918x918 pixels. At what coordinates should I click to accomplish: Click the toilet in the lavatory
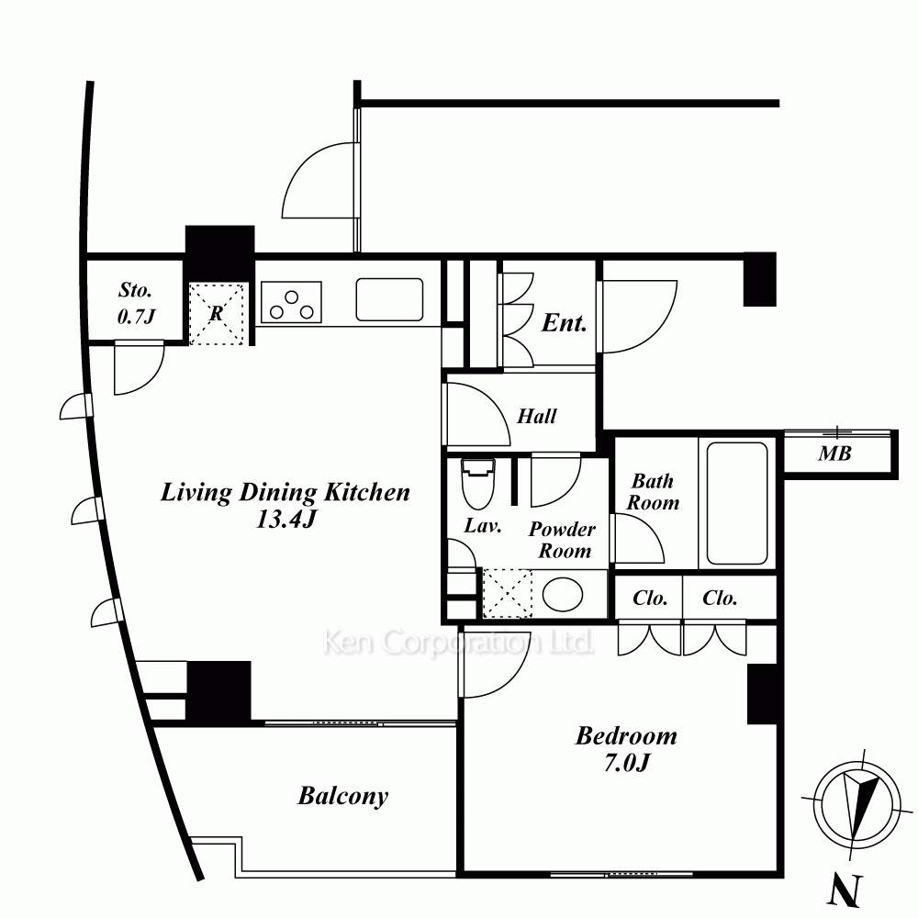[478, 484]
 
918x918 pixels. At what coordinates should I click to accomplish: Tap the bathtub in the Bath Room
[736, 503]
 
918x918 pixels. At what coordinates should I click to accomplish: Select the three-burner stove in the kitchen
[291, 302]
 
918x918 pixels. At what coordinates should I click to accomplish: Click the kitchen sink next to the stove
[389, 299]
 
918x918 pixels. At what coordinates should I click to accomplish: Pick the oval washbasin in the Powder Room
[563, 595]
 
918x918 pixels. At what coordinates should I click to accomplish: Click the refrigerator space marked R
[216, 314]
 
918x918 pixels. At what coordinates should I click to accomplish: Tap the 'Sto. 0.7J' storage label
[136, 303]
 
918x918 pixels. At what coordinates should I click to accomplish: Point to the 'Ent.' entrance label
[564, 322]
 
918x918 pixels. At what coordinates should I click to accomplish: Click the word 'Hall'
[536, 416]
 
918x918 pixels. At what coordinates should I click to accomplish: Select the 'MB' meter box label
[834, 453]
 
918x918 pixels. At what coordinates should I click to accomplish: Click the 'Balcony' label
[343, 796]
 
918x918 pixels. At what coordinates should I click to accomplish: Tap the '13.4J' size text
[285, 519]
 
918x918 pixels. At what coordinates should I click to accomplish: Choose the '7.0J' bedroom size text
[626, 762]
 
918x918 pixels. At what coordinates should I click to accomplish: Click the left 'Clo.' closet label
[650, 598]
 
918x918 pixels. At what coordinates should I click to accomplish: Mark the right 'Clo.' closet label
[720, 598]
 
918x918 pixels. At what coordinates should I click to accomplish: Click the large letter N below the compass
[845, 891]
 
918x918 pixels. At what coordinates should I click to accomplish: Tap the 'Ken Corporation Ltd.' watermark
[458, 643]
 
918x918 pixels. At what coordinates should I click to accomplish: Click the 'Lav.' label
[483, 526]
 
